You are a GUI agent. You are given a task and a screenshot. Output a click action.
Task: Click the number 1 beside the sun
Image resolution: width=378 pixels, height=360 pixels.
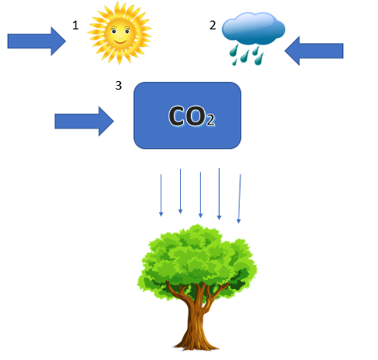(x=76, y=26)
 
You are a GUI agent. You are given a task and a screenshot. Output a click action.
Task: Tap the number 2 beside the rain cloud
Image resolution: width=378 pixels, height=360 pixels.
(x=213, y=25)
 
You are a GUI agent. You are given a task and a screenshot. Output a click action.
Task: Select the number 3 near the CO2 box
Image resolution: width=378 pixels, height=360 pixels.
(x=118, y=86)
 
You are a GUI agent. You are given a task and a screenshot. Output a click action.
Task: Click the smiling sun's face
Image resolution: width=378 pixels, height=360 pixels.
(x=120, y=33)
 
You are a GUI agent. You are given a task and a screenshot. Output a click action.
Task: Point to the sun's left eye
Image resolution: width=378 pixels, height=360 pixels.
(x=114, y=32)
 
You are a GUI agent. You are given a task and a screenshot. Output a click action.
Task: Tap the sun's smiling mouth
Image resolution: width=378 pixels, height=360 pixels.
(x=120, y=41)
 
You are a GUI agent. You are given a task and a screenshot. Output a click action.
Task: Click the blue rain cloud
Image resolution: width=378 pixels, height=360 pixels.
(x=253, y=28)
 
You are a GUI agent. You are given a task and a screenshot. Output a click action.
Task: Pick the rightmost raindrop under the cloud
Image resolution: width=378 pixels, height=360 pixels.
(x=259, y=59)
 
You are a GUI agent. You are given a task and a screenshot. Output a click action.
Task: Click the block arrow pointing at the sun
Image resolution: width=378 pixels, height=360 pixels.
(x=37, y=41)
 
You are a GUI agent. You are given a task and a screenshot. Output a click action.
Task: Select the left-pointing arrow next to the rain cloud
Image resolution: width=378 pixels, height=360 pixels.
(x=314, y=51)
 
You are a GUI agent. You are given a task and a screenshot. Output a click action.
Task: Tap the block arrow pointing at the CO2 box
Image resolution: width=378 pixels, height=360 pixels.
(x=84, y=122)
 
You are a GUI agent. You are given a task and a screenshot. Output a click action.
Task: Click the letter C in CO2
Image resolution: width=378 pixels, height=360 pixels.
(x=178, y=116)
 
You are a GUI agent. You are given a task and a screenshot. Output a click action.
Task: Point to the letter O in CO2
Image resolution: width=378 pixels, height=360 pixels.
(x=196, y=116)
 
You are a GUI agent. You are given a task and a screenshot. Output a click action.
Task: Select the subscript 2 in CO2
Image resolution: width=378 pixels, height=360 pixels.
(x=210, y=120)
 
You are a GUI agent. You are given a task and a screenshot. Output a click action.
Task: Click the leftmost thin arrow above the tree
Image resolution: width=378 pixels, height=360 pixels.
(x=161, y=196)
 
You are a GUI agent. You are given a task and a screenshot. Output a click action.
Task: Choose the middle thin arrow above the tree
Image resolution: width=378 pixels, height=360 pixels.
(x=200, y=195)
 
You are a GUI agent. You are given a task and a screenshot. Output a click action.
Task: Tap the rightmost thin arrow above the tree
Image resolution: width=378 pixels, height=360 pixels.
(x=239, y=199)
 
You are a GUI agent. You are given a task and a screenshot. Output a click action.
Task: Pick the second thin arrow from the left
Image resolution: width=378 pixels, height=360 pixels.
(x=180, y=191)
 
